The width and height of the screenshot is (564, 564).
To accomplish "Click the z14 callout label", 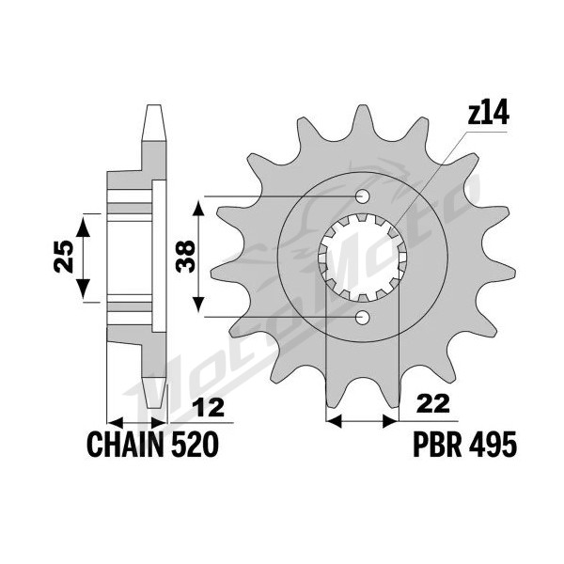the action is [489, 112].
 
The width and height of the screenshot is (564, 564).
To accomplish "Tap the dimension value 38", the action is [186, 257].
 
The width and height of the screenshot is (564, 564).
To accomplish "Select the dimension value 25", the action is [63, 256].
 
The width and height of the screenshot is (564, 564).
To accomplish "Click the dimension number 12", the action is [208, 407].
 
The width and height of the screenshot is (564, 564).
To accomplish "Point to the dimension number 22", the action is [433, 404].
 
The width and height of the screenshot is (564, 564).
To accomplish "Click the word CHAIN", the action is [126, 445].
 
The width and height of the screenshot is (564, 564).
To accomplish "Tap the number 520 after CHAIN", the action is [196, 445].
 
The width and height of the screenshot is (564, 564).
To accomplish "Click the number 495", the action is [493, 444].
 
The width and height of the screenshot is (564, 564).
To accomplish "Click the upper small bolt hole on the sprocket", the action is [362, 196].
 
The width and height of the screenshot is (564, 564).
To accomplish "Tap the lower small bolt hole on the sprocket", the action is [362, 317].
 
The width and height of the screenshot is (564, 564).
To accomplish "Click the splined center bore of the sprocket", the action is [363, 257].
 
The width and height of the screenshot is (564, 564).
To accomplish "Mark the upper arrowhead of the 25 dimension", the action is [84, 226].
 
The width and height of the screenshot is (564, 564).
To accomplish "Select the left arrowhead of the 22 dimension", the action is [334, 420].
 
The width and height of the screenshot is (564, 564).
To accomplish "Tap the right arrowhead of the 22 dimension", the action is [391, 420].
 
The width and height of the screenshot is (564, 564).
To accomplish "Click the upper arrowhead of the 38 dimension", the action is [198, 208].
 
